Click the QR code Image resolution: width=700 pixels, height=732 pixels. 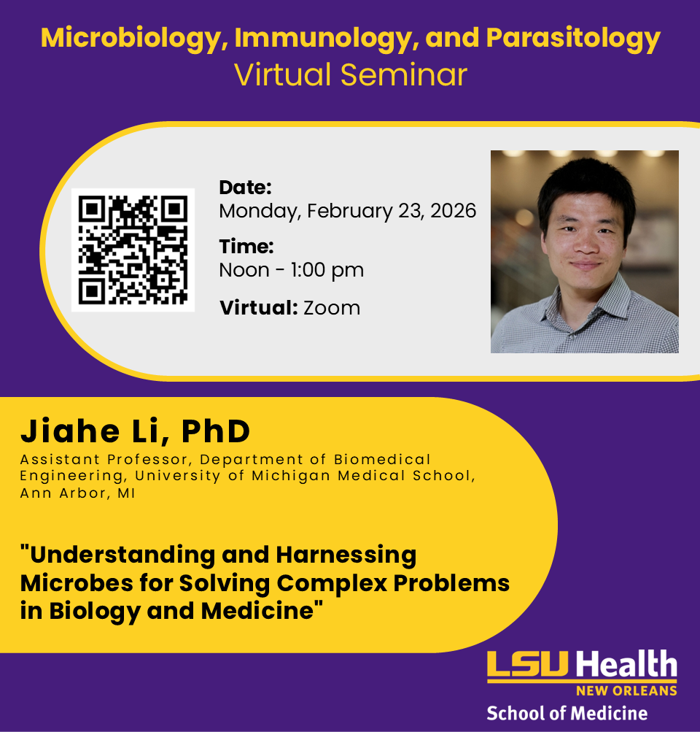pyautogui.click(x=133, y=250)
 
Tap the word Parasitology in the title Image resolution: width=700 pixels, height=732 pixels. pyautogui.click(x=573, y=38)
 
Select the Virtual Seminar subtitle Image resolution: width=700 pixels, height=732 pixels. pyautogui.click(x=350, y=74)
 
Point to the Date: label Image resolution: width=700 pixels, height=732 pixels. pyautogui.click(x=245, y=188)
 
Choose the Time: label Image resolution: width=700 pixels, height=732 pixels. pyautogui.click(x=246, y=247)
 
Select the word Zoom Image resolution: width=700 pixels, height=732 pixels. pyautogui.click(x=332, y=308)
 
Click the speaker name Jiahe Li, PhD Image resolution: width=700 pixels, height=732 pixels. pyautogui.click(x=135, y=431)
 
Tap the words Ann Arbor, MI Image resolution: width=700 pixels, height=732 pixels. pyautogui.click(x=77, y=493)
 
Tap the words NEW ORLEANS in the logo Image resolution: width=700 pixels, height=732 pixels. pyautogui.click(x=626, y=690)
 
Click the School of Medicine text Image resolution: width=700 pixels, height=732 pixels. pyautogui.click(x=567, y=713)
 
